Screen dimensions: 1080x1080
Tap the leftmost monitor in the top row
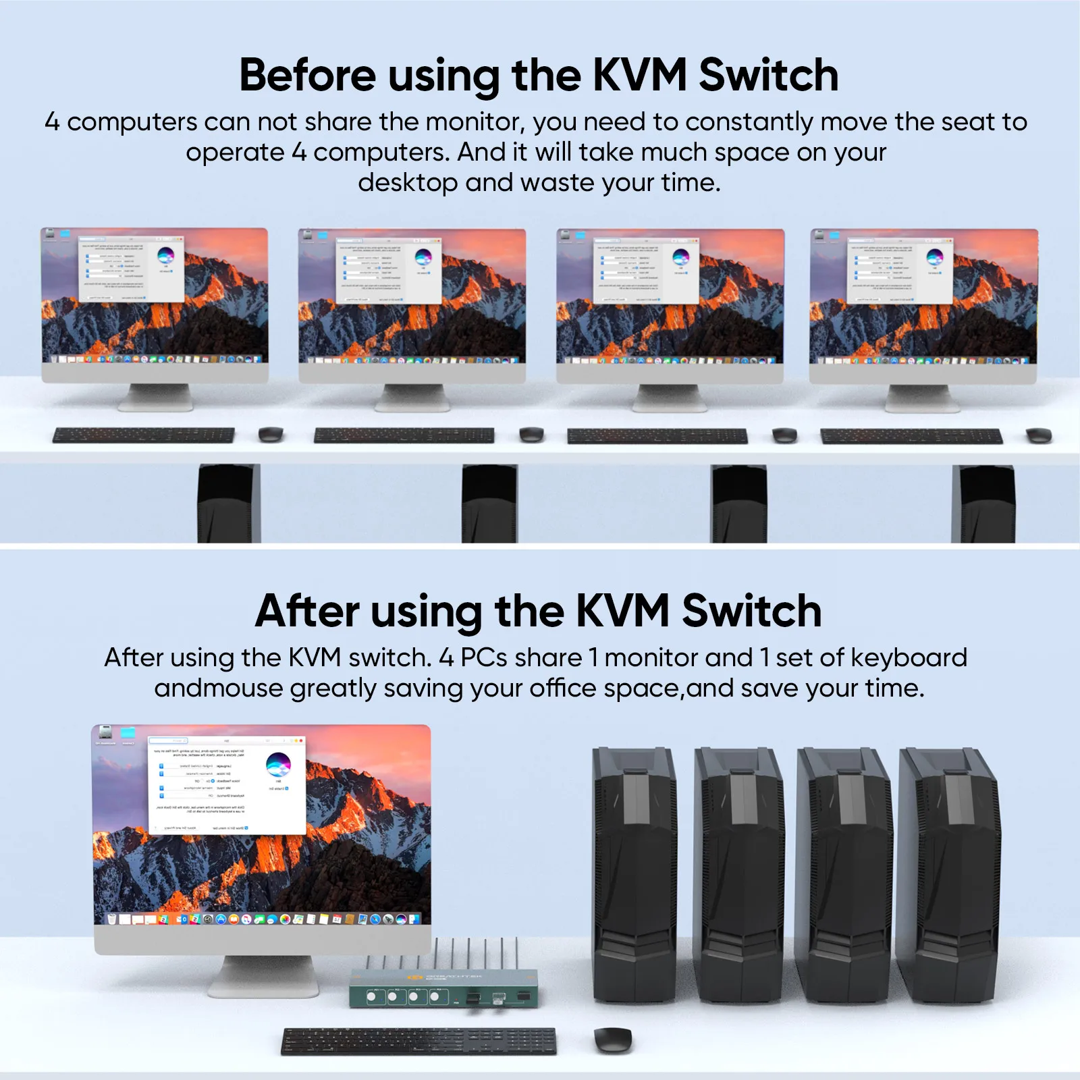pos(155,297)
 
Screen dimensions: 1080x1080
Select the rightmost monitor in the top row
pos(923,297)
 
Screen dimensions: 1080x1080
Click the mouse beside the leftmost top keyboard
pos(271,434)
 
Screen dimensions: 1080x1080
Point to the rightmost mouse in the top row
pos(1039,435)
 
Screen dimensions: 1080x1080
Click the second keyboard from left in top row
pos(404,435)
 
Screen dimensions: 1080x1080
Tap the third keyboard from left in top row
pos(657,436)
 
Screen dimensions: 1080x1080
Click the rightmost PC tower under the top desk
pos(983,504)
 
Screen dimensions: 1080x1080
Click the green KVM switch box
pos(443,988)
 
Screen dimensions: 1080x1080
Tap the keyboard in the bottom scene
pos(418,1041)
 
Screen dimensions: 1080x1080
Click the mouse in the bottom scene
pos(613,1039)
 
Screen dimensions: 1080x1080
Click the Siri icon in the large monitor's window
pos(278,765)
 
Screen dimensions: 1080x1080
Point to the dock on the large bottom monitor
pos(263,919)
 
